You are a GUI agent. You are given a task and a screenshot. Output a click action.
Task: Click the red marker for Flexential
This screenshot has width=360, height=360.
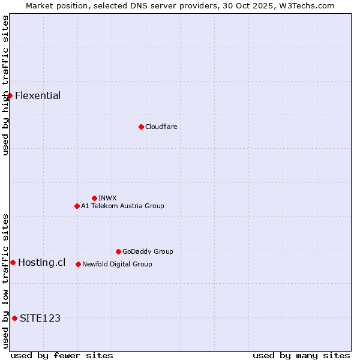10,95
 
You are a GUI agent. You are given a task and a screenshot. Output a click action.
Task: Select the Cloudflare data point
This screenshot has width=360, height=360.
141,127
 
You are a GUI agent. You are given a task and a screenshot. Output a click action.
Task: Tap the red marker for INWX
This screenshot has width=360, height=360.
94,198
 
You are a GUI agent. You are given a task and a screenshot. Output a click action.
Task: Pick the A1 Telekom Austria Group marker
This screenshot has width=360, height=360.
77,206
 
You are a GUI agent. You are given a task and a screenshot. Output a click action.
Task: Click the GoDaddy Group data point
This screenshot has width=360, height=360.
118,251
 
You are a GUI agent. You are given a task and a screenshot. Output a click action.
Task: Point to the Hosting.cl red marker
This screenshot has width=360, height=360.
13,262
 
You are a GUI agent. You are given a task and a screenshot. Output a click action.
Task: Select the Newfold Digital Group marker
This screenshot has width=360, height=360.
78,264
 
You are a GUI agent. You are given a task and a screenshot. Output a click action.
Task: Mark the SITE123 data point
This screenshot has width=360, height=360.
14,318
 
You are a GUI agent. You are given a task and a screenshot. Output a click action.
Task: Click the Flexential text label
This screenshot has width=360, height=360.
38,95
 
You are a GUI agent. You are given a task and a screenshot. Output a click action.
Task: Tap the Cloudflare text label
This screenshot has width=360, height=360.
161,127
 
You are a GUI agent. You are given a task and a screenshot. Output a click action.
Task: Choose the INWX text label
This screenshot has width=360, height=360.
107,198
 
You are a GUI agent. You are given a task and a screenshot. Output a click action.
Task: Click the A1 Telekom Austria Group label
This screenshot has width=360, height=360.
122,206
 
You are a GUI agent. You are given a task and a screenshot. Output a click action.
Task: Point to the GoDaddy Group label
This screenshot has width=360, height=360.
148,251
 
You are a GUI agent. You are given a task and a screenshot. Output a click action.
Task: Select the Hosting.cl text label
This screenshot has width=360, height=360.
41,262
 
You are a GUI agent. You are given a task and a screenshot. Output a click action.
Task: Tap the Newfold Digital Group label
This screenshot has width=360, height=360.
117,264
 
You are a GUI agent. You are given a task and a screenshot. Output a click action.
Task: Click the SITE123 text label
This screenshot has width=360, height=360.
40,318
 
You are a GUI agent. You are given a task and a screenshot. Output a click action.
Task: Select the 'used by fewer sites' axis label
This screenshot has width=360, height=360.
62,355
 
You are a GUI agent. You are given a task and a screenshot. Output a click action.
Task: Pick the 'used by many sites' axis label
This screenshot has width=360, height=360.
301,355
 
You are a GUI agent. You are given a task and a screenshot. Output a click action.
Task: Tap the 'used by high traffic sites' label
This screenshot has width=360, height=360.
5,85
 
